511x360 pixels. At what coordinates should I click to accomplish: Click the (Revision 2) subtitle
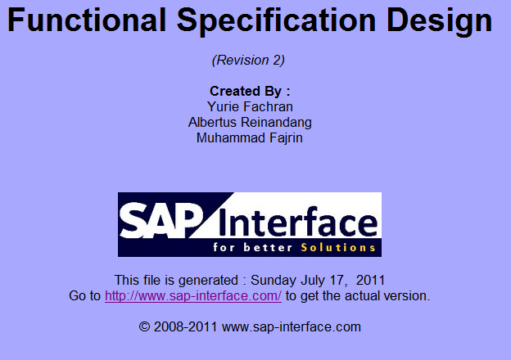click(x=248, y=60)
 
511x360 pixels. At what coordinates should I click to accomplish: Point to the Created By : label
click(x=250, y=91)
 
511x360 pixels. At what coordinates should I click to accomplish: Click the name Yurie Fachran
click(x=250, y=106)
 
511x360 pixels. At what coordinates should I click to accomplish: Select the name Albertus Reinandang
click(x=250, y=122)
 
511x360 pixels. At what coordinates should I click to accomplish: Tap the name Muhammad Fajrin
click(x=250, y=137)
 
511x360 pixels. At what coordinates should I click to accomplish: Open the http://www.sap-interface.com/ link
click(x=193, y=295)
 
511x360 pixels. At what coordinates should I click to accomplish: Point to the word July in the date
click(x=312, y=279)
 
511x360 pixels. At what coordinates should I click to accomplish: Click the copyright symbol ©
click(x=145, y=326)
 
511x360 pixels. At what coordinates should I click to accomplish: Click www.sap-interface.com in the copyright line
click(x=292, y=326)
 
